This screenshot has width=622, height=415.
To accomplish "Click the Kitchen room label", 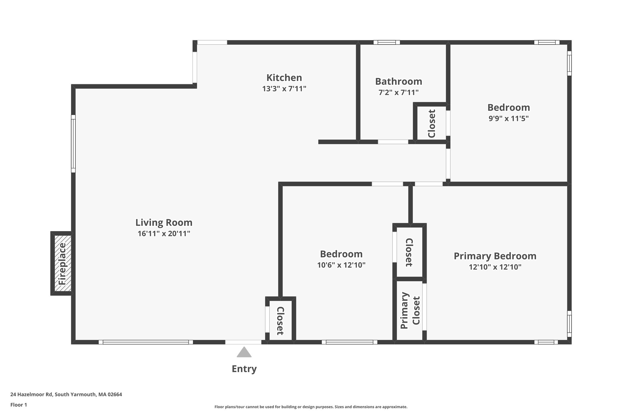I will click(284, 78).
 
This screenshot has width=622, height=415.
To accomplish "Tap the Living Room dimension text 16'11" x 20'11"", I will click(164, 233).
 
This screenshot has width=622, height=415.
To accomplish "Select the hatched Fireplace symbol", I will click(63, 264).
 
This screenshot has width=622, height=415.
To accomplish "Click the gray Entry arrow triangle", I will click(244, 352).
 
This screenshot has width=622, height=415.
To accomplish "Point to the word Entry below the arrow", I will click(244, 369).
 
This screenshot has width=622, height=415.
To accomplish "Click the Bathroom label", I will click(398, 81).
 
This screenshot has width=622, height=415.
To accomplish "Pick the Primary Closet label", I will click(410, 310).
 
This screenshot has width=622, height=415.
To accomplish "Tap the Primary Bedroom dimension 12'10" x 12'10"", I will click(495, 267).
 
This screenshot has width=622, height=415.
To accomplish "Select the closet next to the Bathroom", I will click(431, 123).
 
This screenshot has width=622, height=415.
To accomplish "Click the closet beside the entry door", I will click(280, 320).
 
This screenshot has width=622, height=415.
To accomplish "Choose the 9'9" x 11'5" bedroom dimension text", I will click(508, 118).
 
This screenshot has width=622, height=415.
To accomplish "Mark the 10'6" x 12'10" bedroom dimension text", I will click(341, 265).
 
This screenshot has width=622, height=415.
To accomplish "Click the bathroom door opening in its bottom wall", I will click(393, 142).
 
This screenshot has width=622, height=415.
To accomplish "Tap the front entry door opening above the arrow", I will click(243, 342).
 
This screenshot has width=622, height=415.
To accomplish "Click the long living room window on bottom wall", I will click(146, 342).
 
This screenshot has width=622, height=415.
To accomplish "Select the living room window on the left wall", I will click(73, 144).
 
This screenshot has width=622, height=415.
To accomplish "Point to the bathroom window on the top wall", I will click(386, 42).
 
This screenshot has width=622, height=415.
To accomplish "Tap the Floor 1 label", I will click(19, 405).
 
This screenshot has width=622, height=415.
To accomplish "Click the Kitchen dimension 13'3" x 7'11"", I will click(284, 89).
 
